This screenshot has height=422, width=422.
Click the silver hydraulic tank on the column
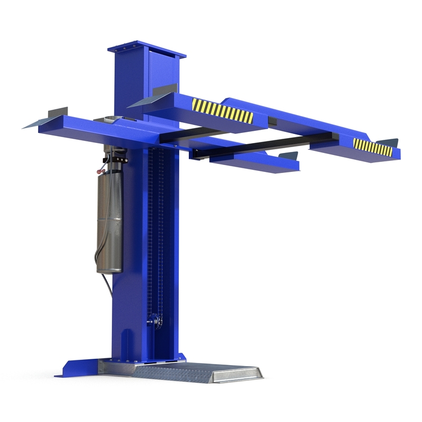(x=109, y=222)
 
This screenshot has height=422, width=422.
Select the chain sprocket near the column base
(x=154, y=320)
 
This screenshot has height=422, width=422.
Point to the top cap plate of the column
(x=147, y=51)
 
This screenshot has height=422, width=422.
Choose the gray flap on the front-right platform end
(x=289, y=156)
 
